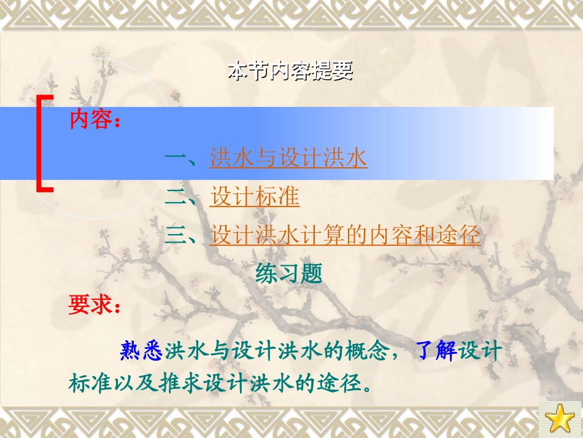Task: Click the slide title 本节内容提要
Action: pos(290,72)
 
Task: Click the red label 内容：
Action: pos(95,120)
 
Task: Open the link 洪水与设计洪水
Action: pos(288,158)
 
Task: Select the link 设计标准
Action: pos(255,197)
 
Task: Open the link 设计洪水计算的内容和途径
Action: pos(345,236)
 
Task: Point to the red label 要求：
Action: pos(95,305)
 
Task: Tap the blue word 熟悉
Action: pos(142,351)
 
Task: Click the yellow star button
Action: pos(559,419)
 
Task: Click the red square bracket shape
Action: pos(44,144)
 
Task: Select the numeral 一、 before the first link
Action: pos(182,158)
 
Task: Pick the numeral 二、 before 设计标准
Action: pos(182,197)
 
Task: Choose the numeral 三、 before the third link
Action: pos(182,236)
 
